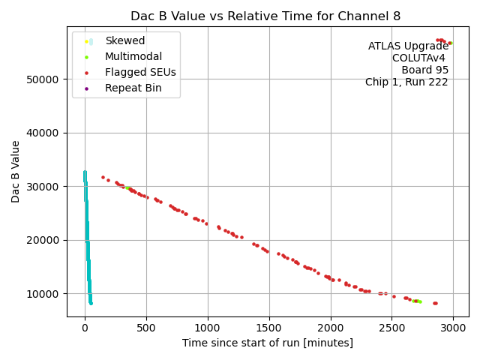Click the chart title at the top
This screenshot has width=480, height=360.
(265, 16)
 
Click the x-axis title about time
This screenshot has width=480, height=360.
(267, 343)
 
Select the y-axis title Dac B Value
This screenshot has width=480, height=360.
(16, 171)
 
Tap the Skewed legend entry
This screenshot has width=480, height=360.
(125, 40)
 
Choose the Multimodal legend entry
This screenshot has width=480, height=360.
(133, 56)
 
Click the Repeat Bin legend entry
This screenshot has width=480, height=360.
(133, 88)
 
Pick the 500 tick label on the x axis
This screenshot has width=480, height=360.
(146, 327)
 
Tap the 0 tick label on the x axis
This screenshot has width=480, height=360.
(85, 327)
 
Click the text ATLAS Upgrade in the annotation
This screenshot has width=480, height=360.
(408, 46)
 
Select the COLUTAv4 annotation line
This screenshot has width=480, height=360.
(420, 58)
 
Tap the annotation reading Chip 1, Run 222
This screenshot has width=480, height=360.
(406, 82)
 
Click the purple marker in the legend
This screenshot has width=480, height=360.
(87, 88)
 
